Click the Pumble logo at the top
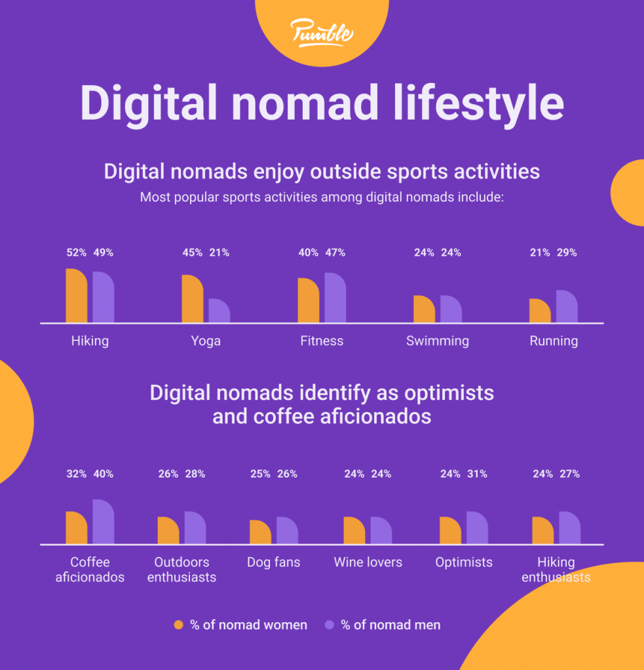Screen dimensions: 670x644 322,32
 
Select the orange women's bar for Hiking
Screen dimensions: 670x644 76,296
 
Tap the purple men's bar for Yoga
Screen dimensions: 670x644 219,311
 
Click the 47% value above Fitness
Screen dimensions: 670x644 335,253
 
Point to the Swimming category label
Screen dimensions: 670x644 437,341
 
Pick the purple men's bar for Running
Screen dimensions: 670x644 567,307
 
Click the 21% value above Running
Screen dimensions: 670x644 540,253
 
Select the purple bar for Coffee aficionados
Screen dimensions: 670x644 103,522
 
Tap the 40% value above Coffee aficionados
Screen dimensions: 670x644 103,474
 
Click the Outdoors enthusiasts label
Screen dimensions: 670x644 181,569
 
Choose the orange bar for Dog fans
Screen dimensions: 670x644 260,533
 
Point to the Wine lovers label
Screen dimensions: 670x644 368,562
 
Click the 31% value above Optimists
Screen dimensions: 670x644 477,474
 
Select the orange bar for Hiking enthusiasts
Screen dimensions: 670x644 542,531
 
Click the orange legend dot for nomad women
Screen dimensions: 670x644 179,625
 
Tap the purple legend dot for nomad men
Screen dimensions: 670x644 330,625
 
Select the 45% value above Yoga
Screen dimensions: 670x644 193,253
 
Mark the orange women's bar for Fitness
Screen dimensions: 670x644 308,301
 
